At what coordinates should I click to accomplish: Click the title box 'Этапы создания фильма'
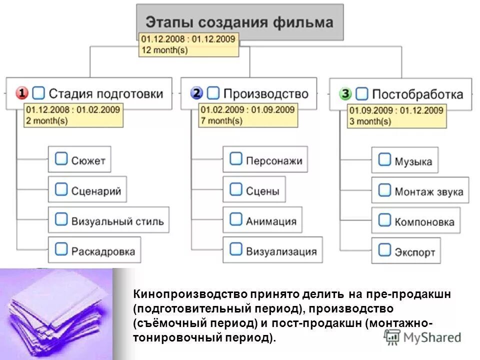click(239, 22)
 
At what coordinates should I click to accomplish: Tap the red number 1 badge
click(22, 93)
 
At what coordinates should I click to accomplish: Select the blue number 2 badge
click(197, 93)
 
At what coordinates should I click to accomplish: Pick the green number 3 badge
click(345, 93)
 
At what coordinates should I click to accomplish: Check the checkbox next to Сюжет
click(61, 159)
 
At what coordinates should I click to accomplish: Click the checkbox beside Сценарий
click(61, 189)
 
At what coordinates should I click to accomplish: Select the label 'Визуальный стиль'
click(117, 220)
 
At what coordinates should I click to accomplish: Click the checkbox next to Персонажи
click(235, 159)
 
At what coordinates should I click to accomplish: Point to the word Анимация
click(270, 220)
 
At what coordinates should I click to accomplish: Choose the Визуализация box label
click(281, 250)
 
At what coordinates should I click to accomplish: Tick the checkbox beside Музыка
click(384, 160)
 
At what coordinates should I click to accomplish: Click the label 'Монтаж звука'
click(428, 191)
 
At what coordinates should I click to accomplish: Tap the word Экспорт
click(414, 252)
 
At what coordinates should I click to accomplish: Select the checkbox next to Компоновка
click(384, 220)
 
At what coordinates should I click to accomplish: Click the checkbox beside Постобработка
click(362, 93)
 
